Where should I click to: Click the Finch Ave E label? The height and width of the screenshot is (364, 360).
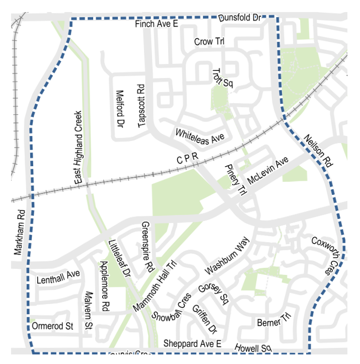pos(157,24)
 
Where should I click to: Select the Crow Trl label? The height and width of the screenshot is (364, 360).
pos(209,42)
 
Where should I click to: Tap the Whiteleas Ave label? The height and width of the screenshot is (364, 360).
pos(199,136)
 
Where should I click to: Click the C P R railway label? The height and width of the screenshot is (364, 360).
pos(188,159)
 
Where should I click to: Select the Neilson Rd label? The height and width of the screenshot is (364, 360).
pos(318,151)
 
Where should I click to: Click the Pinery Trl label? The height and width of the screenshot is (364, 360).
pos(236,179)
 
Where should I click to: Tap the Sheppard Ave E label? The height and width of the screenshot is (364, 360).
pos(192,344)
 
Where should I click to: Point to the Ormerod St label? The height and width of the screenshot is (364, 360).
pos(52,326)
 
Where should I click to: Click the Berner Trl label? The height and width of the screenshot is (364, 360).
pos(274,320)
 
